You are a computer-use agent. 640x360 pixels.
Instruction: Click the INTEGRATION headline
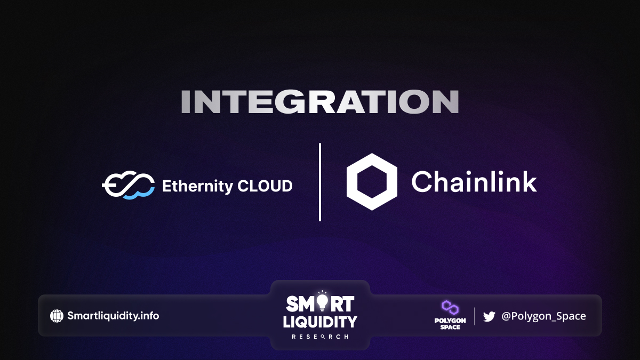click(320, 102)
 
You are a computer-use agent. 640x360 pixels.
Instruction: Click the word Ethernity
click(198, 186)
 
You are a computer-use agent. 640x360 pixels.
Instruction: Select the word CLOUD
click(265, 186)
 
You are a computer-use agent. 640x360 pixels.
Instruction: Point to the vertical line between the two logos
click(320, 182)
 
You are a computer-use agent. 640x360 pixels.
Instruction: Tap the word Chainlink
click(474, 182)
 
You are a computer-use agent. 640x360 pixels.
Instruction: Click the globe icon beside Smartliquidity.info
click(57, 316)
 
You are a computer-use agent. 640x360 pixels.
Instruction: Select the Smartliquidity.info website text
click(113, 316)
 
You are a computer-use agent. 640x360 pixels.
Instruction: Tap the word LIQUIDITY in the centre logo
click(320, 322)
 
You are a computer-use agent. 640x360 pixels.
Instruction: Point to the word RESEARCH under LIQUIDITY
click(320, 337)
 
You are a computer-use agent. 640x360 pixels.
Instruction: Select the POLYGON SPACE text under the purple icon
click(450, 324)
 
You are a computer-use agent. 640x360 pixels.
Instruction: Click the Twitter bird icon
click(489, 317)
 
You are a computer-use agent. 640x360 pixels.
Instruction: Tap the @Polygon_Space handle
click(543, 316)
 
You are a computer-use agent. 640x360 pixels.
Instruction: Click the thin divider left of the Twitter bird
click(474, 316)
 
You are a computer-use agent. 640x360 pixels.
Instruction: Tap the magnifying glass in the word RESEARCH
click(323, 337)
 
